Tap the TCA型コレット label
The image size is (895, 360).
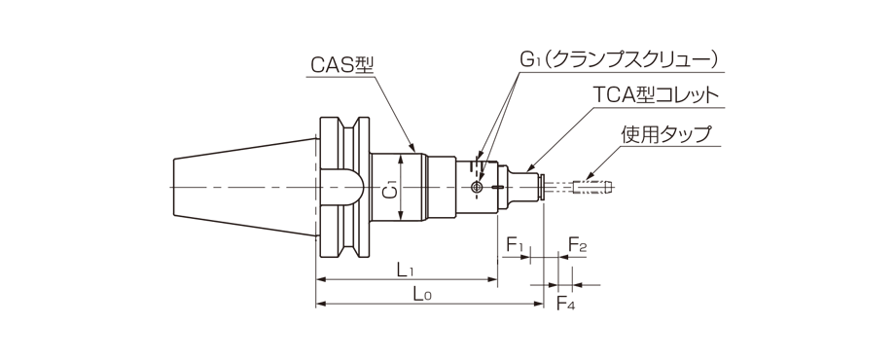pos(656,95)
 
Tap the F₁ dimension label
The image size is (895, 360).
pos(515,242)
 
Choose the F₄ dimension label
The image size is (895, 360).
pos(565,303)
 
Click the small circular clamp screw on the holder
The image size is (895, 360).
pos(476,187)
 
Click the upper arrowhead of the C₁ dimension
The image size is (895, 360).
pos(402,157)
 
